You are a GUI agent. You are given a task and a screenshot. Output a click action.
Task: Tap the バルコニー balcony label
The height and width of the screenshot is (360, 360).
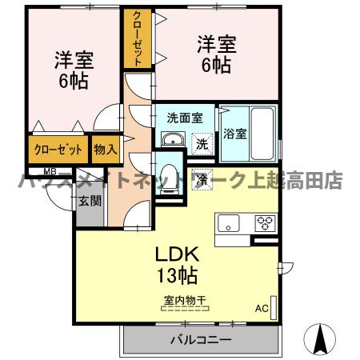pos(200,340)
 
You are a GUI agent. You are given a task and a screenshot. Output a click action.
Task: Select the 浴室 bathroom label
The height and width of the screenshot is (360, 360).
pos(235,134)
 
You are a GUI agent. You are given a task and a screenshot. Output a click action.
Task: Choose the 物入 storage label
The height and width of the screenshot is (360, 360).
pos(105,148)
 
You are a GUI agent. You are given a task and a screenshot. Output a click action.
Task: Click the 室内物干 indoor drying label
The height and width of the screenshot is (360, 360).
pos(185,301)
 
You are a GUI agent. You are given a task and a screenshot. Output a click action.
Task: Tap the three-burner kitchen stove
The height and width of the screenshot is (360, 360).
pos(265,222)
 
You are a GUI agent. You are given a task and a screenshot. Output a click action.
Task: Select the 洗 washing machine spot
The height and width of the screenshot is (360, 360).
pos(202,144)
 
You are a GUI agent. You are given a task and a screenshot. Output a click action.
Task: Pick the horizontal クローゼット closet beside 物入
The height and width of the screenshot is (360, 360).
pos(58,149)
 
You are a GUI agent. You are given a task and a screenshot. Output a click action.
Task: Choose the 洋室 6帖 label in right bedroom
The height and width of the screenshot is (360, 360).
pos(215,54)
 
